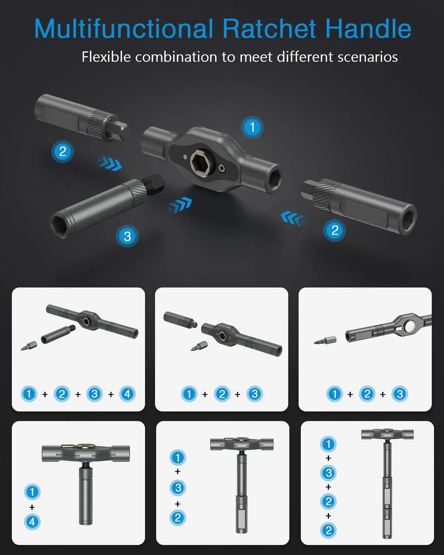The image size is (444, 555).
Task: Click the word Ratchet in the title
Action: (269, 29)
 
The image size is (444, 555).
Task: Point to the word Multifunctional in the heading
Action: (124, 29)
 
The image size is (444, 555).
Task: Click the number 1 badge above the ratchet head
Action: (252, 127)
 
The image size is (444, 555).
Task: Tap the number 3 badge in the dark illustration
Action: (127, 236)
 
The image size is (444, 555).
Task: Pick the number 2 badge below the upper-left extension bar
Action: (63, 151)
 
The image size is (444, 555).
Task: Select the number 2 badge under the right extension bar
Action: (335, 231)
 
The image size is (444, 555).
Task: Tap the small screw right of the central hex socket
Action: (222, 168)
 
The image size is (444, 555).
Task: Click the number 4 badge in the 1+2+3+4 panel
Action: (127, 394)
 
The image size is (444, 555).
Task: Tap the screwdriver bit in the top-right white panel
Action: (325, 340)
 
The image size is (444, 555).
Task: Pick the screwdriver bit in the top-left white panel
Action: (29, 346)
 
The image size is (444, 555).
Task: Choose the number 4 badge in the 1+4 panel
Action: (32, 522)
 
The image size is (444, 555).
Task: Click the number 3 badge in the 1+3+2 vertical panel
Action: (178, 488)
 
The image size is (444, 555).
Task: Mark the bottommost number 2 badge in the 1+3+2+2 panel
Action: (328, 530)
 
